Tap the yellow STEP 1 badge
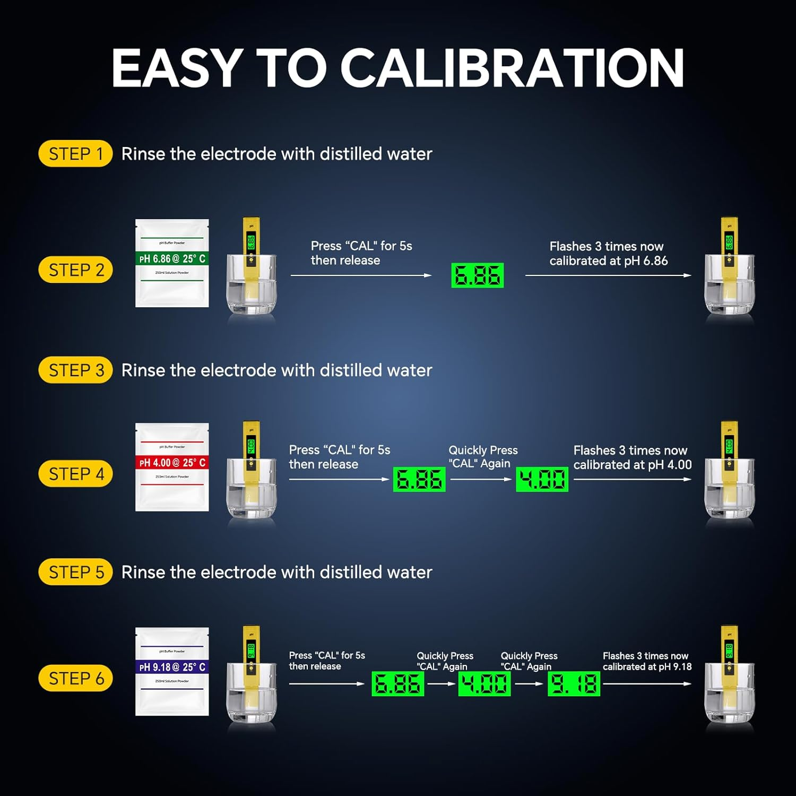(75, 154)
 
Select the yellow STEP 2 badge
(75, 270)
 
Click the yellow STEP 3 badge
(75, 370)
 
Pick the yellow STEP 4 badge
(75, 474)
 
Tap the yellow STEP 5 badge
(75, 572)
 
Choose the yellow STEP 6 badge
(75, 678)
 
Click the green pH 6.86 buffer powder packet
(172, 263)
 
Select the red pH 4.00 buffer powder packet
(172, 467)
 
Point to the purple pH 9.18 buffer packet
(172, 671)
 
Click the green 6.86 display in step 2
(477, 275)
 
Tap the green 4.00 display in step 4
(542, 479)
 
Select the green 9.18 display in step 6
(574, 683)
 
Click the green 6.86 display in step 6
(397, 683)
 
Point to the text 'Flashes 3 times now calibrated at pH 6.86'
(608, 254)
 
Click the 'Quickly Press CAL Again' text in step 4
(483, 457)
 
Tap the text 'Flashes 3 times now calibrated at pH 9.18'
(647, 661)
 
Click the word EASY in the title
(177, 68)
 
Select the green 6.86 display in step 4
(419, 479)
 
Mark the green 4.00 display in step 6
(484, 683)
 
